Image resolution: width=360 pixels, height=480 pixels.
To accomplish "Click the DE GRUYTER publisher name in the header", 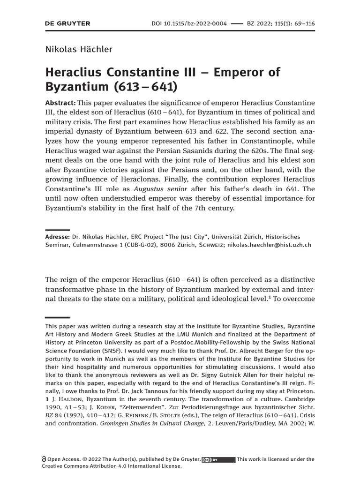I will click(x=67, y=23).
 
